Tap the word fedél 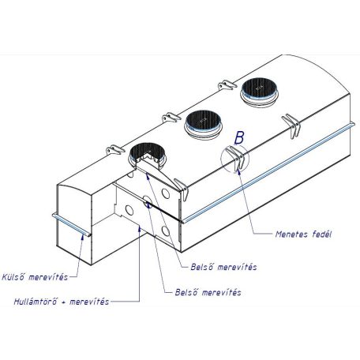(322, 234)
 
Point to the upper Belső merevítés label (223, 267)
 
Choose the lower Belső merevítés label (208, 292)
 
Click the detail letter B (239, 138)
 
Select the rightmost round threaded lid (259, 92)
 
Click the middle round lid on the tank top (203, 125)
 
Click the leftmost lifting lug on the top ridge (114, 150)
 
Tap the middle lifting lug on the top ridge (171, 118)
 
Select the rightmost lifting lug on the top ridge (227, 85)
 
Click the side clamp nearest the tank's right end (291, 126)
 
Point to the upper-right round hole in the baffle (166, 193)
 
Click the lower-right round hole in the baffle (166, 231)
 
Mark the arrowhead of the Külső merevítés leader (83, 236)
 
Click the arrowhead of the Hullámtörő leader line (140, 228)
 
